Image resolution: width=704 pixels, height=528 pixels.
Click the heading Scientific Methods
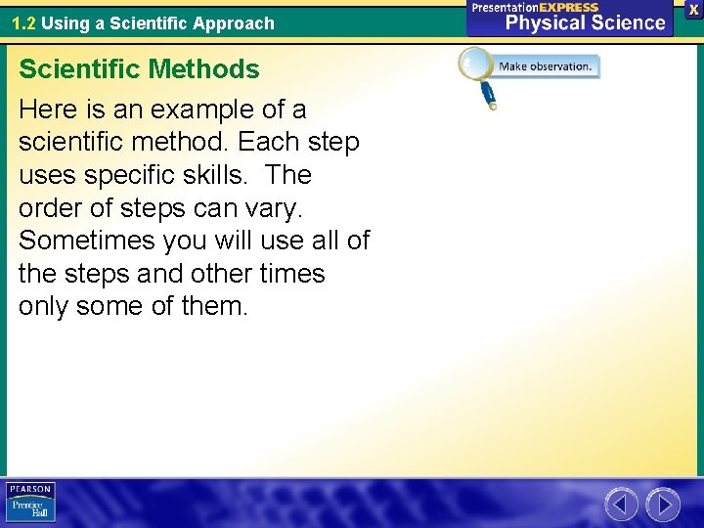tap(139, 69)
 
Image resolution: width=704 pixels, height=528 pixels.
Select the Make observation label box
tap(546, 66)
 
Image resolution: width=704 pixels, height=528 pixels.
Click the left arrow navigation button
tap(621, 505)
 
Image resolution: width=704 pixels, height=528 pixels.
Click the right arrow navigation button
tap(663, 505)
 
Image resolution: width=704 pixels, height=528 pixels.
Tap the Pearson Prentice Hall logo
tap(30, 503)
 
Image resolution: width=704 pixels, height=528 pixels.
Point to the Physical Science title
tap(585, 22)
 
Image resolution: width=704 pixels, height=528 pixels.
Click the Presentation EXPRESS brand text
tap(535, 7)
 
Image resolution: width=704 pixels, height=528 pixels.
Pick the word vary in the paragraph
tap(283, 208)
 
